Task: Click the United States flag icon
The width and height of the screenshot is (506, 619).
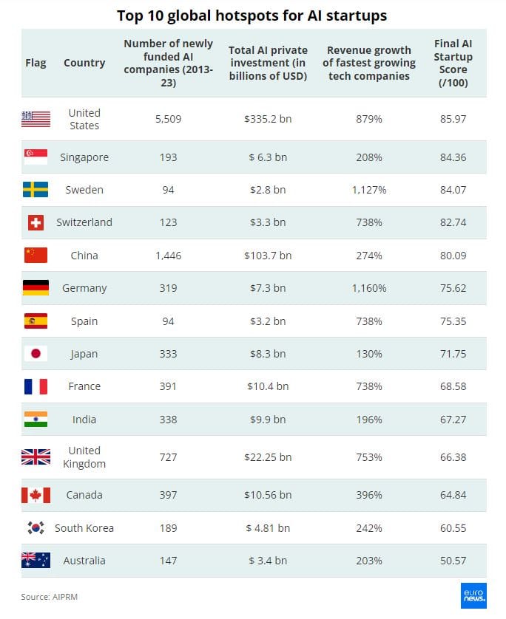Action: [36, 118]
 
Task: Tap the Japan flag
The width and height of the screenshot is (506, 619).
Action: [36, 354]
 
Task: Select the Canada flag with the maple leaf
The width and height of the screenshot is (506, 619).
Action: [36, 495]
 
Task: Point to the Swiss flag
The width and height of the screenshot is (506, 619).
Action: [36, 222]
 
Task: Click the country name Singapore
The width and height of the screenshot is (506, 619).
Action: [84, 157]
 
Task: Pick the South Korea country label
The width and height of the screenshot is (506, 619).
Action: [84, 528]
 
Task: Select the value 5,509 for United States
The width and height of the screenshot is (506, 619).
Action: [168, 118]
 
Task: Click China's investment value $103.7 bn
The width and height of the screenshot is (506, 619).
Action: [267, 256]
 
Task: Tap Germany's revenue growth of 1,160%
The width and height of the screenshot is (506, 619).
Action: [368, 288]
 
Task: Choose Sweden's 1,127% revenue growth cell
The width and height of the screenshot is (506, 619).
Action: [368, 190]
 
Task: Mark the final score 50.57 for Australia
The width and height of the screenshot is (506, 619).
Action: [452, 561]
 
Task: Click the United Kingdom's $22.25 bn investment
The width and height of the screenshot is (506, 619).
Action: [267, 457]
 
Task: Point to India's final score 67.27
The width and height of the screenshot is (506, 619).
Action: [452, 420]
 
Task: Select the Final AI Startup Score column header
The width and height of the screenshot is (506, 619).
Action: [452, 63]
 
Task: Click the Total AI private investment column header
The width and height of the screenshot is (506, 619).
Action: [267, 63]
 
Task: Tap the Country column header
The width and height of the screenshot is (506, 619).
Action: [84, 63]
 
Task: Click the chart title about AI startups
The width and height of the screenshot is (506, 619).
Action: [252, 16]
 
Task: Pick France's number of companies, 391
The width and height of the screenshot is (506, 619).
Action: [168, 386]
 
